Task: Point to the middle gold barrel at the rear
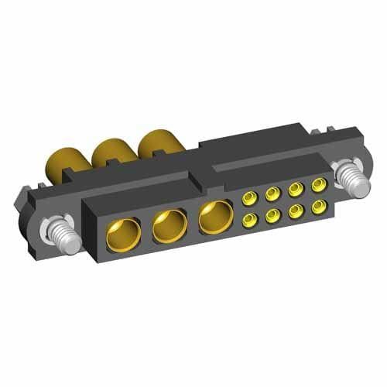click(x=111, y=149)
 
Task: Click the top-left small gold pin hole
click(x=250, y=199)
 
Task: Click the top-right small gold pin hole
click(x=317, y=185)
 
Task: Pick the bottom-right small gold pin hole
click(x=317, y=207)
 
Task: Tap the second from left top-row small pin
click(x=272, y=193)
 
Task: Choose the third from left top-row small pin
click(x=295, y=189)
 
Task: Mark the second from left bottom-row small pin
click(x=273, y=217)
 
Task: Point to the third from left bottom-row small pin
click(x=296, y=212)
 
